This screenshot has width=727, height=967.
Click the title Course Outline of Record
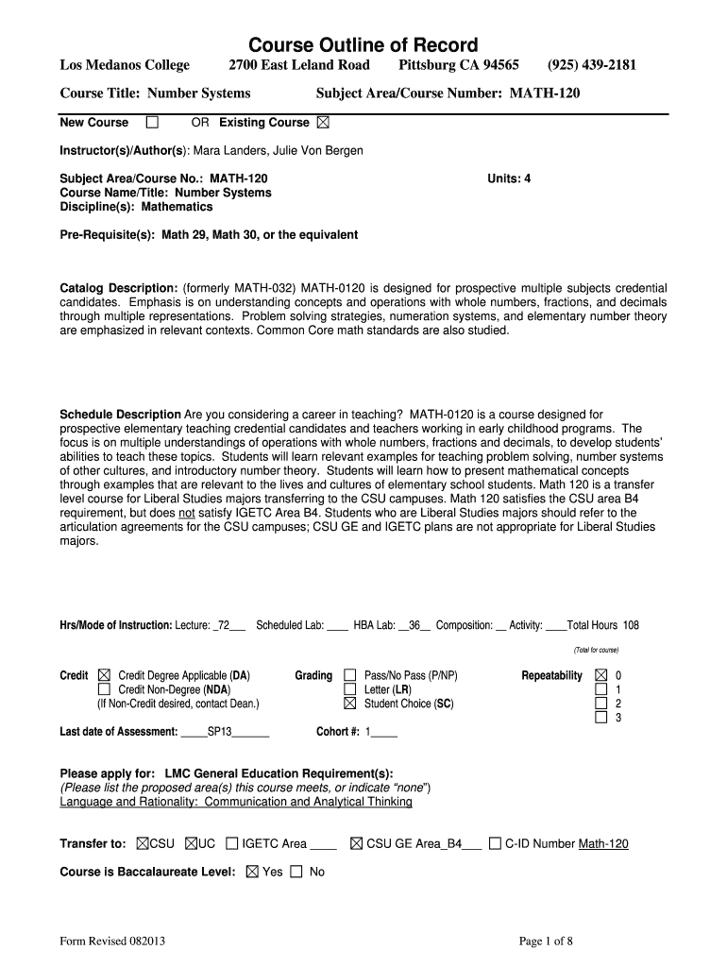click(x=363, y=44)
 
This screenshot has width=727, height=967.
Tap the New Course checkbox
click(x=152, y=123)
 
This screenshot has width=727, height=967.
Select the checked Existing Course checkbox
click(x=324, y=123)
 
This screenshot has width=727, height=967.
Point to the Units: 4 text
click(x=509, y=178)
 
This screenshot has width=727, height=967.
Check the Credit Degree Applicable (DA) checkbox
click(x=103, y=676)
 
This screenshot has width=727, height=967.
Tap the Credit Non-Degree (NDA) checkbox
click(x=103, y=689)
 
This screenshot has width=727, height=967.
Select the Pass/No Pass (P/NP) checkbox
click(x=350, y=676)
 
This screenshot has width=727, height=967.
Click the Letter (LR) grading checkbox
click(x=350, y=689)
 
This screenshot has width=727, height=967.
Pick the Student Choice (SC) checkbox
click(x=350, y=704)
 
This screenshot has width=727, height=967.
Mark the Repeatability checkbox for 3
click(x=600, y=718)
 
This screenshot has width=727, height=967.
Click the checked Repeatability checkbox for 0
click(x=600, y=676)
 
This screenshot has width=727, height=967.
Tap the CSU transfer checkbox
click(x=143, y=844)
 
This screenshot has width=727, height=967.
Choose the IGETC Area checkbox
click(x=232, y=844)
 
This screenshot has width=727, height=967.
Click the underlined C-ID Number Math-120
click(x=603, y=844)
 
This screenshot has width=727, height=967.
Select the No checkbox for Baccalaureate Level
click(x=296, y=872)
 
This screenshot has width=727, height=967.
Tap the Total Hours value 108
click(x=631, y=625)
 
